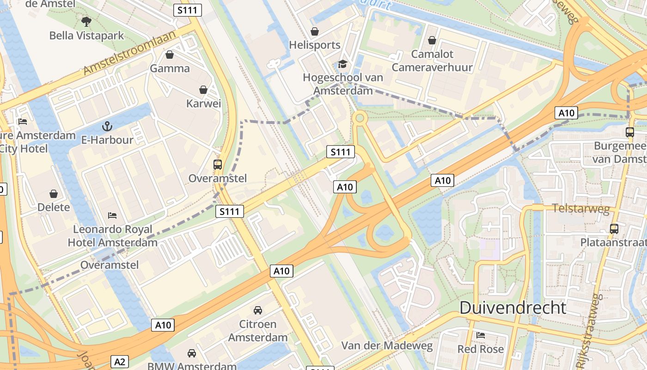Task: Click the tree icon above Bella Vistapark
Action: tap(86, 21)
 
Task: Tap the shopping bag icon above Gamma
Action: tap(170, 55)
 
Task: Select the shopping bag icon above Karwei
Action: tap(203, 90)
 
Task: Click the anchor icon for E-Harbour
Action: tap(107, 126)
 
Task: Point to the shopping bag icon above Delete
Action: tap(54, 193)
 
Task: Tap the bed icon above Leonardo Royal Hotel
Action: tap(112, 215)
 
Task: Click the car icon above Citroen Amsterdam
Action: tap(258, 310)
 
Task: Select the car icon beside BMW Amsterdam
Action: tap(192, 353)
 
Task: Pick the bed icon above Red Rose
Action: tap(481, 335)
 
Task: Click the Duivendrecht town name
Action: tap(513, 308)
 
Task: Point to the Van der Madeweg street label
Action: tap(387, 345)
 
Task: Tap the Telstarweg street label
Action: tap(581, 208)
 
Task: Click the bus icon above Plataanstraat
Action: tap(614, 228)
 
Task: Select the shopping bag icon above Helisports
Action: tap(315, 31)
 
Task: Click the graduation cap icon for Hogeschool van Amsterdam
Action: tap(342, 64)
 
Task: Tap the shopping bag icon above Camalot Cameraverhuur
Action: tap(432, 40)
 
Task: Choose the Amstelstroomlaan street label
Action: tap(130, 53)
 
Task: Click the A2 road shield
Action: tap(119, 361)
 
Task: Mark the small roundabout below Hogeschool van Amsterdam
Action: tap(360, 118)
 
